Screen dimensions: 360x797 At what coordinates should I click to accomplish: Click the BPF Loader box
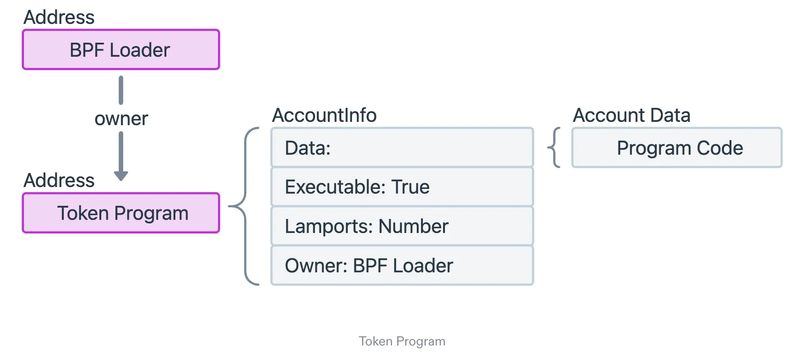tap(121, 50)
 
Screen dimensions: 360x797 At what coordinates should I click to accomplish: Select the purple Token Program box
tap(121, 213)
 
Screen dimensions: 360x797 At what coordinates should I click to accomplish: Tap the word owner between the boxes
tap(121, 119)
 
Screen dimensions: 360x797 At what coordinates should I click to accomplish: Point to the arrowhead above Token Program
tap(121, 176)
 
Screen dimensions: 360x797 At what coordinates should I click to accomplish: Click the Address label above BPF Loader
tap(59, 17)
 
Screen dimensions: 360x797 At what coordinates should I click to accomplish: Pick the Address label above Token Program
tap(59, 180)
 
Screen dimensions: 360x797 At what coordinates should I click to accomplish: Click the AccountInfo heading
tap(324, 115)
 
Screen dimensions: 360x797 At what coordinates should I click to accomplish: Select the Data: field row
tap(402, 148)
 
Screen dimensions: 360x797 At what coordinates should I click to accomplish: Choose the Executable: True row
tap(402, 187)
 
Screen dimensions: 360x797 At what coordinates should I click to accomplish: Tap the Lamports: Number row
tap(402, 226)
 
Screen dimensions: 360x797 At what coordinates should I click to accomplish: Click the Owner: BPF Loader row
tap(402, 266)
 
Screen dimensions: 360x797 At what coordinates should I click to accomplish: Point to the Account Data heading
tap(632, 115)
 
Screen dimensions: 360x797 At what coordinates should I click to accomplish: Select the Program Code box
tap(677, 148)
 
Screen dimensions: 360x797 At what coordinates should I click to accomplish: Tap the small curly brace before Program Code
tap(554, 148)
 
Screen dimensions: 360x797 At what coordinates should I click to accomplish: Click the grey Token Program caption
tap(402, 341)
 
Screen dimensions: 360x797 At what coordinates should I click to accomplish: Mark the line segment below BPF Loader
tap(121, 90)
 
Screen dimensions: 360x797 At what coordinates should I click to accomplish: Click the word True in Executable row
tap(411, 187)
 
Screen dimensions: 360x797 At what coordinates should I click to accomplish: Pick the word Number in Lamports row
tap(413, 226)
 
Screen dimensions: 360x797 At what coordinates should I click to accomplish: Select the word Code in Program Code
tap(720, 148)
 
